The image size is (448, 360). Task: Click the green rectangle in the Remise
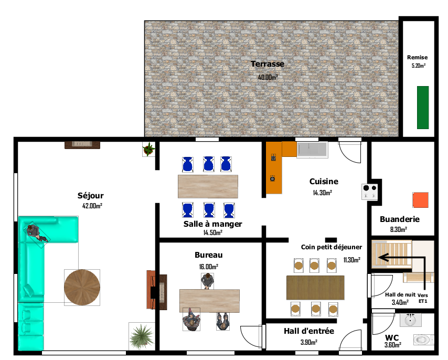coord(423,108)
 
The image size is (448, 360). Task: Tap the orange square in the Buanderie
coord(420,200)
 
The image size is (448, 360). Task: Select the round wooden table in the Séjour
coord(82,287)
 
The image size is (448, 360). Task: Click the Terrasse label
coord(267,64)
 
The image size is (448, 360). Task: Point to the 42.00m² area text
coord(92,206)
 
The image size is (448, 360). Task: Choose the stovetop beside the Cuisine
coord(370,192)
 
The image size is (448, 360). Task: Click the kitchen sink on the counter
coord(312,150)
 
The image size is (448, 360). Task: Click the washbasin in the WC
coord(409,320)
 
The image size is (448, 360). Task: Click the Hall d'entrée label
coord(308,331)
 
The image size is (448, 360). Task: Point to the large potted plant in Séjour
coord(141,335)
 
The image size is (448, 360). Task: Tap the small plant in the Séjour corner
coord(149,150)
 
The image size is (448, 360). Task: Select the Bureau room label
coord(209,255)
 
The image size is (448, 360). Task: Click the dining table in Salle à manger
coord(208,186)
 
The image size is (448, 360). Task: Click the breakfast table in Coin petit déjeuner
coord(315,287)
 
